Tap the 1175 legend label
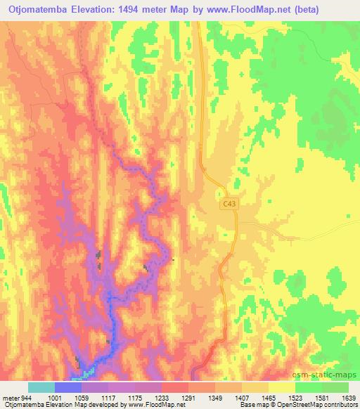tap(143, 397)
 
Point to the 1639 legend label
tap(349, 397)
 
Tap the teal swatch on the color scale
tap(41, 387)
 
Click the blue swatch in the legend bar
tap(68, 387)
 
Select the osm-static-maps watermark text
tap(329, 375)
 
